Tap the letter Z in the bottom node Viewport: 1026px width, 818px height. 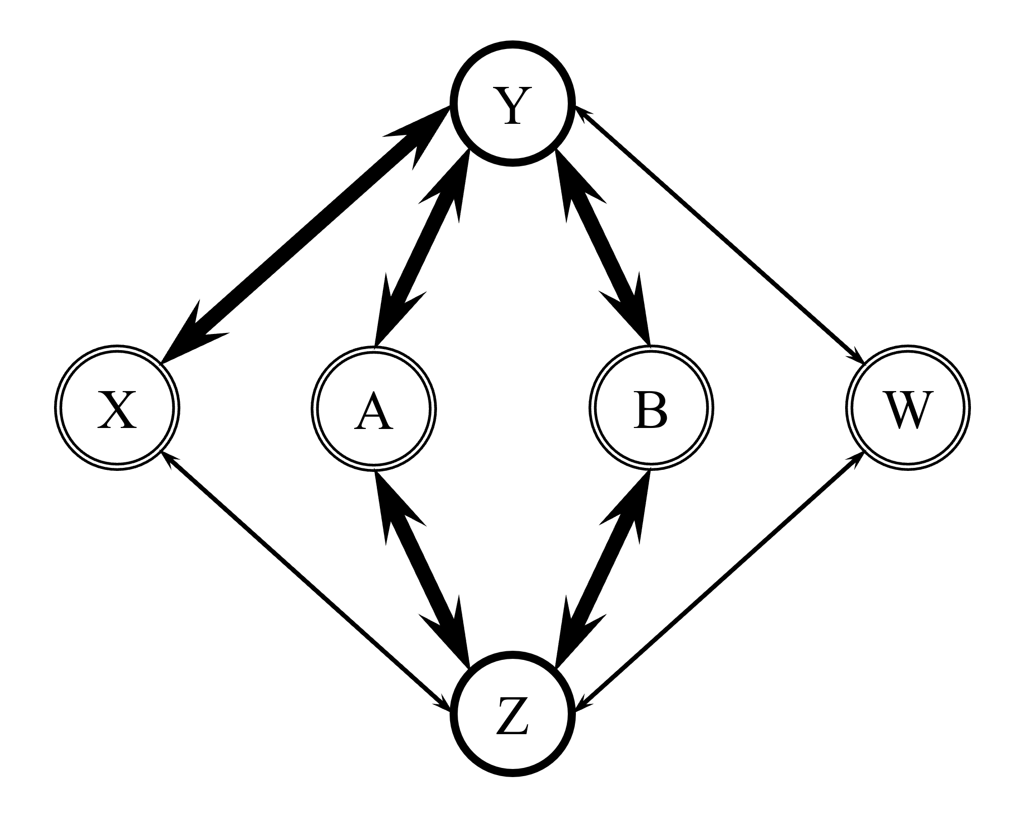click(512, 715)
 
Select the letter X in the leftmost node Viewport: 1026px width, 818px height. click(117, 410)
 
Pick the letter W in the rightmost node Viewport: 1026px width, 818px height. click(908, 410)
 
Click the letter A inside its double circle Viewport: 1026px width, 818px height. click(373, 410)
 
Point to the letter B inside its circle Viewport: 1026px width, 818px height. click(651, 410)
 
